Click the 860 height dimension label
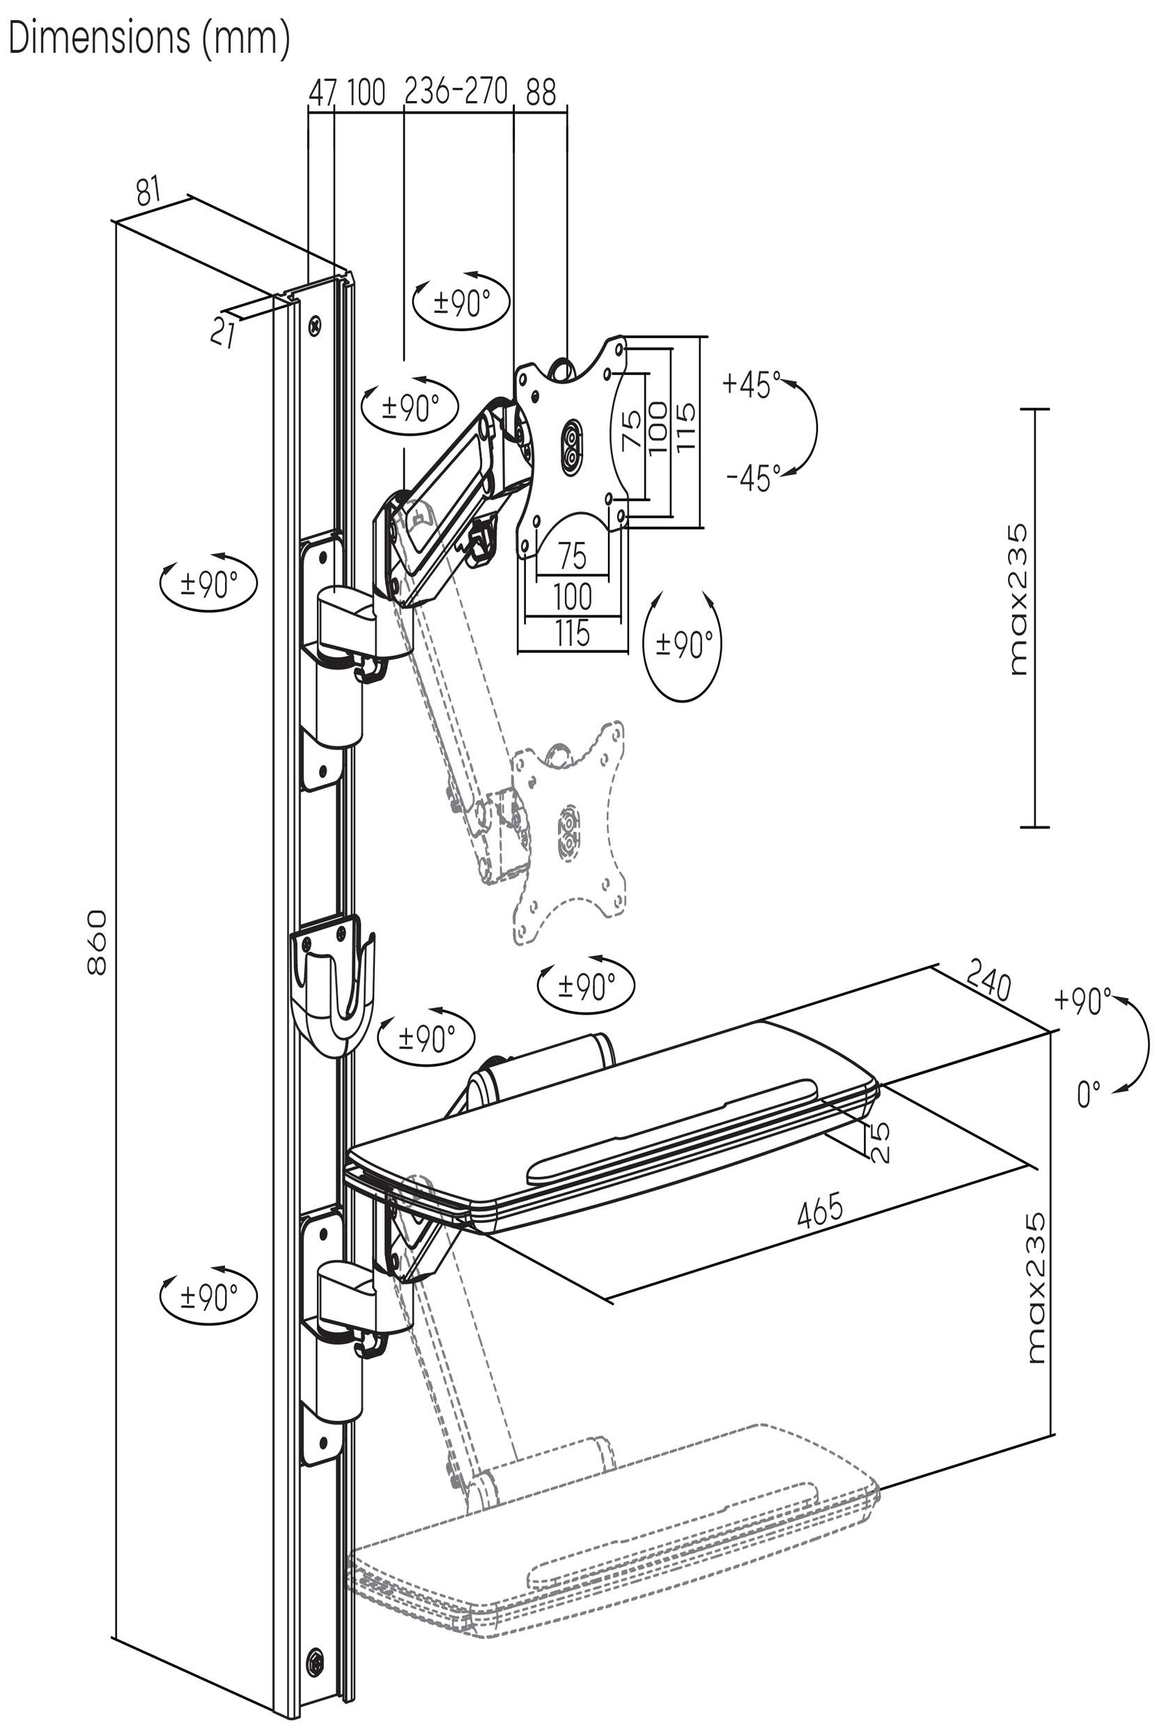coord(98,942)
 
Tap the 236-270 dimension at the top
coord(457,91)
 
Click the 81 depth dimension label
coord(149,192)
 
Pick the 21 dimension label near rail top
coord(222,332)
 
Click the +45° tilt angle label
coord(752,385)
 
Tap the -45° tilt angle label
coord(754,478)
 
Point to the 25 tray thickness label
coord(880,1143)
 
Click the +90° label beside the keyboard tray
coord(1083,1001)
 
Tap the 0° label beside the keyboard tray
coord(1088,1094)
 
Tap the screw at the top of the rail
coord(317,323)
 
